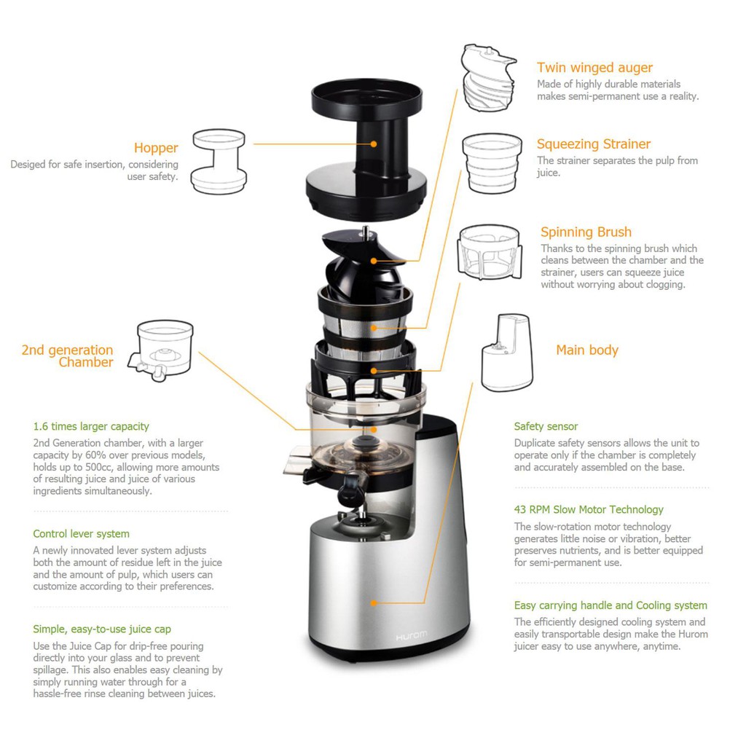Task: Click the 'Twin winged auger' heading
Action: click(594, 68)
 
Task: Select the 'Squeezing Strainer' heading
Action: click(593, 144)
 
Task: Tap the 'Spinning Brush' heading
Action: click(586, 232)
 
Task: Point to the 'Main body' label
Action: click(587, 350)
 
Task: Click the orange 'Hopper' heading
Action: click(156, 148)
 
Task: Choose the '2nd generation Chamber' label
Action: click(68, 356)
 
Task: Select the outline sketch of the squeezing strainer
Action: click(492, 163)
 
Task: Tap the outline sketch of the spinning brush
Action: click(489, 251)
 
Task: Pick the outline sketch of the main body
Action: click(507, 353)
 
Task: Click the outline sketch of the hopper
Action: click(219, 162)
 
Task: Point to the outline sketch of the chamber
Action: click(161, 350)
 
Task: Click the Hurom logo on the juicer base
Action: click(411, 635)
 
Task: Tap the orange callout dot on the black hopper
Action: click(374, 144)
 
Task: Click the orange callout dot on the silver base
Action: click(374, 602)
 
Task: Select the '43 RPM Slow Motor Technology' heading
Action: click(589, 509)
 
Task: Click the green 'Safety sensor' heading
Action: click(546, 426)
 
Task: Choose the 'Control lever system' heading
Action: click(81, 534)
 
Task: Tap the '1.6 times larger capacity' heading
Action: click(91, 426)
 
